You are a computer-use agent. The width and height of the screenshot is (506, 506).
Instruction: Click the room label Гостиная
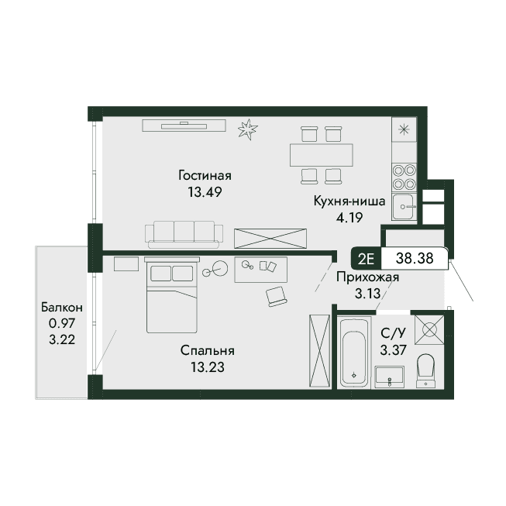click(205, 176)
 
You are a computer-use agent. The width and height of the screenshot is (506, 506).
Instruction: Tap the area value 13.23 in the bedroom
click(208, 367)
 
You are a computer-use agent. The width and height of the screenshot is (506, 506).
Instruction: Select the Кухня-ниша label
click(349, 201)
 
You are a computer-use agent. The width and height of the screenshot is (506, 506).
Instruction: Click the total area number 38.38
click(415, 258)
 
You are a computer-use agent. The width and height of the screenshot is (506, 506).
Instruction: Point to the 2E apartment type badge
click(366, 259)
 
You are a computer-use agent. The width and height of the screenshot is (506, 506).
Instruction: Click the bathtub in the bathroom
click(354, 353)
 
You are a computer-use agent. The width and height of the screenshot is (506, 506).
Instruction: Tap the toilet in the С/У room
click(425, 371)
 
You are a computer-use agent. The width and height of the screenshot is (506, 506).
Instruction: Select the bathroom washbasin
click(390, 377)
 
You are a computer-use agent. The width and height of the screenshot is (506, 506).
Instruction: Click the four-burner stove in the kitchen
click(404, 177)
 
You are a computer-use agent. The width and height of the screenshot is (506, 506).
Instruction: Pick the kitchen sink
click(404, 207)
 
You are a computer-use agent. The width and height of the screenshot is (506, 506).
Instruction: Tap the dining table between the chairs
click(322, 155)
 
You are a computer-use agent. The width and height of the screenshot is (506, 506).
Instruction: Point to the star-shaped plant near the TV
click(247, 129)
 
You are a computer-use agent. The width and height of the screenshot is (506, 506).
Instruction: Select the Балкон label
click(62, 307)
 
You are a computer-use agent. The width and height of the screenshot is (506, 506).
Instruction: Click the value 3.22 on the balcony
click(62, 339)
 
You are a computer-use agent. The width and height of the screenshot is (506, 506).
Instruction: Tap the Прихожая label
click(368, 277)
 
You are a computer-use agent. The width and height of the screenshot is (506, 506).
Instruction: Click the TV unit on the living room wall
click(184, 126)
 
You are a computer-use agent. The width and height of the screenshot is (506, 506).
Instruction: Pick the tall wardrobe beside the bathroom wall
click(319, 350)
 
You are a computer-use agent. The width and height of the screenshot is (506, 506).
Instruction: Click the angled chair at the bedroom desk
click(276, 296)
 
